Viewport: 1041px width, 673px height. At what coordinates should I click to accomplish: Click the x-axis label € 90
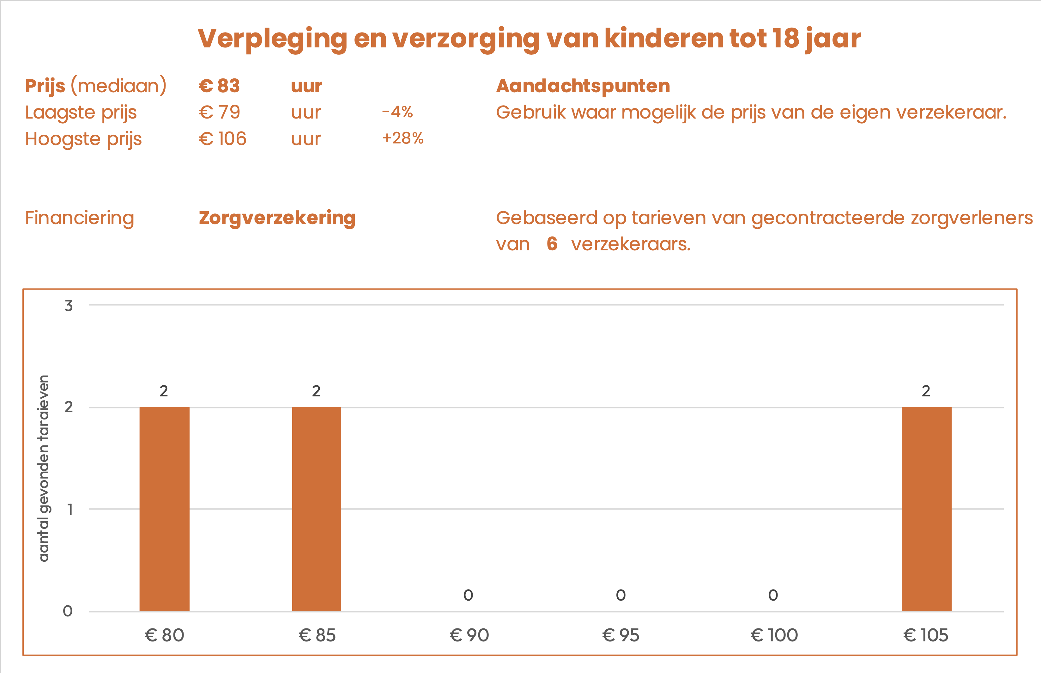point(469,635)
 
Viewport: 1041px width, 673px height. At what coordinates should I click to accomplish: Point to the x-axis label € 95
point(620,635)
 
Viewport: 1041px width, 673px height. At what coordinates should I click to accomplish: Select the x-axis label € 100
point(774,635)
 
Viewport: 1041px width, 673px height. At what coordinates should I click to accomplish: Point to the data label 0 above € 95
point(620,595)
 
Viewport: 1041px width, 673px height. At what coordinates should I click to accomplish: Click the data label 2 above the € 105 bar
point(926,391)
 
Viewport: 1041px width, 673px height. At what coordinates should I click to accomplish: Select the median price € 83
point(219,86)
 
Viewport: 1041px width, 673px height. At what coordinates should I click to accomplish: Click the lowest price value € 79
point(219,112)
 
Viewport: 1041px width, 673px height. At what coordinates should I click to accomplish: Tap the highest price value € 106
point(222,139)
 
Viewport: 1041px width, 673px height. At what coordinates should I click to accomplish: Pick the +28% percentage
point(402,138)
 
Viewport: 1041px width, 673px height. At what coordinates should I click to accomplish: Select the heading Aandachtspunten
point(583,86)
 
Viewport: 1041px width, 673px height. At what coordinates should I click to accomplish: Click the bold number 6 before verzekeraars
point(552,244)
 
